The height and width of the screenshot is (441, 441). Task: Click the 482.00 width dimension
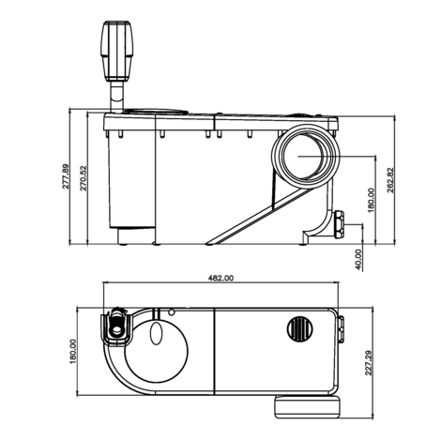coord(220,279)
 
